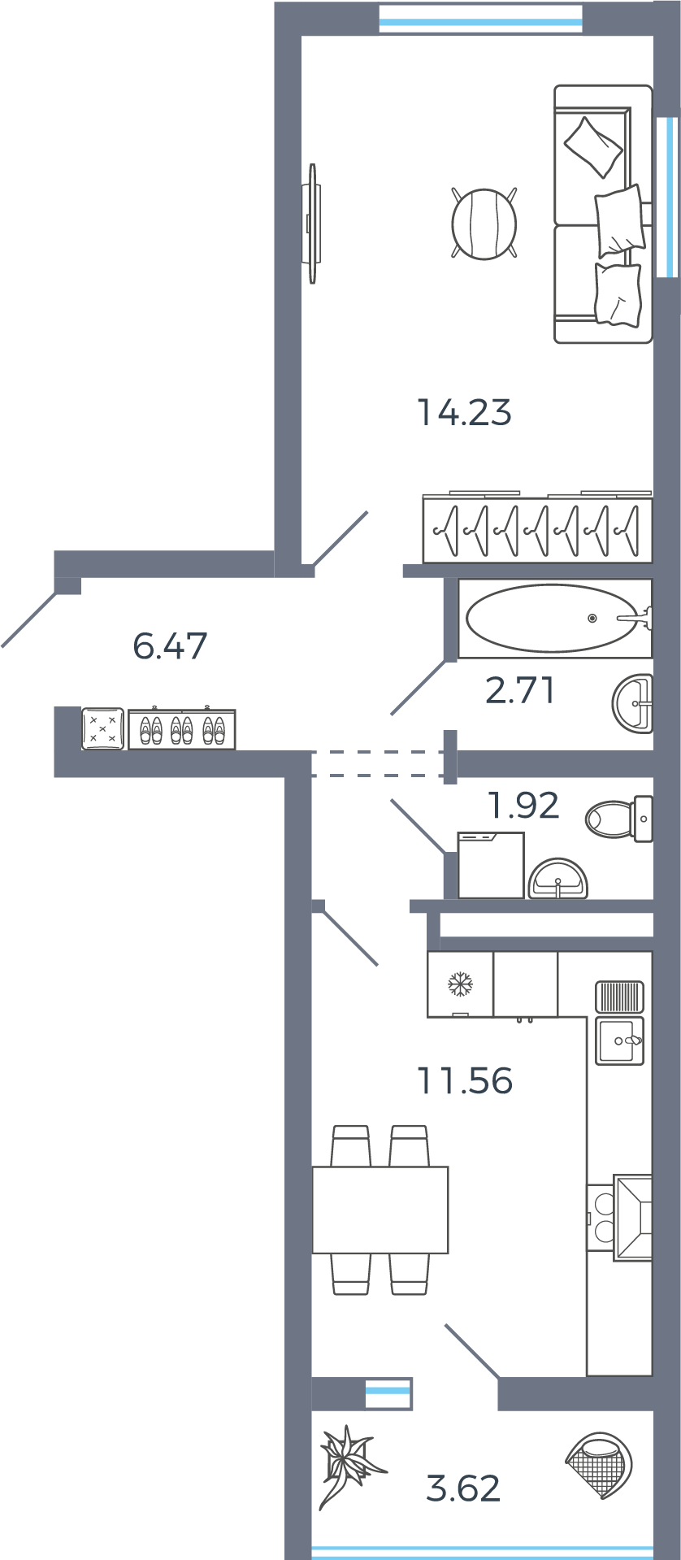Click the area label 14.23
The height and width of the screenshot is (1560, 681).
point(464,412)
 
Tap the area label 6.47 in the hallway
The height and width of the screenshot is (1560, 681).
point(170,646)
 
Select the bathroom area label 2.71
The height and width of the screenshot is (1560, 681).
point(520,690)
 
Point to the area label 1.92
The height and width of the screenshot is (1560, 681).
point(523,806)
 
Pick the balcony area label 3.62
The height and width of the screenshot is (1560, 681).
point(463,1488)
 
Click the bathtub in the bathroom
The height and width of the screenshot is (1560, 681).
point(553,619)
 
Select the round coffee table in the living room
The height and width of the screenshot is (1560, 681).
point(484,224)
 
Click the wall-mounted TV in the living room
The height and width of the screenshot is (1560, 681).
point(312,224)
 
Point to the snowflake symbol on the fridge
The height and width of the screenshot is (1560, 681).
point(460,984)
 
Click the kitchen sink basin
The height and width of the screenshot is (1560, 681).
point(619,1041)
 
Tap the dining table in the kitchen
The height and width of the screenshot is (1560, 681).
point(380,1210)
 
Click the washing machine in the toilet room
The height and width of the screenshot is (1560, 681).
point(490,865)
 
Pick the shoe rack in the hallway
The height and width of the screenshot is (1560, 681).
point(182,729)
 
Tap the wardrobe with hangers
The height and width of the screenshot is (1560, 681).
point(537,530)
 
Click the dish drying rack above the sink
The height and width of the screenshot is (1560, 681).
point(619,996)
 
